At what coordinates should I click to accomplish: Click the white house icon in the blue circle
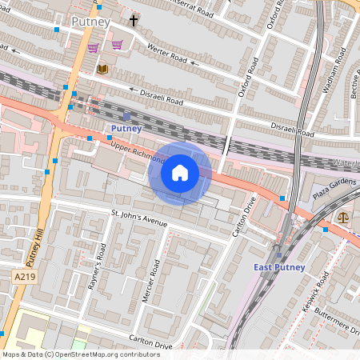180,173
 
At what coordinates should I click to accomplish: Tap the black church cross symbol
134,21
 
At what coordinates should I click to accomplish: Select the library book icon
102,70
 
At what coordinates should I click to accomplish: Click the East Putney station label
278,266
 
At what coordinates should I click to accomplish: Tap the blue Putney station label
126,128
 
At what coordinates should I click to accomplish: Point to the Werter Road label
167,55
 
